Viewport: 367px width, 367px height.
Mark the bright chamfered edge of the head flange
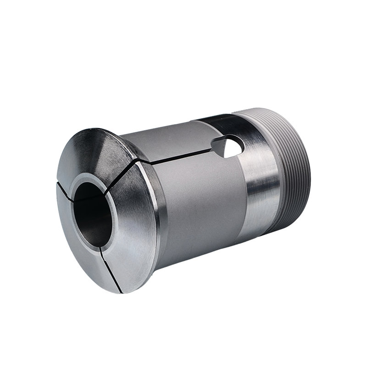click(158, 220)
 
